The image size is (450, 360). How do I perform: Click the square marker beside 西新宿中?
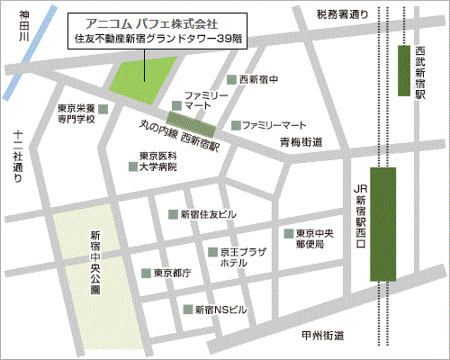pos(231,80)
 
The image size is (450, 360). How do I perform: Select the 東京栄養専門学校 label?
pos(76,112)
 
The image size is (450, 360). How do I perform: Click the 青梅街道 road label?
pos(300,141)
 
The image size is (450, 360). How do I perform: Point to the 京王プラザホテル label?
pos(242,256)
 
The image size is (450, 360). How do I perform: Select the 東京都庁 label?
pos(171,273)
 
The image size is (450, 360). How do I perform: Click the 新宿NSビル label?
pos(220,310)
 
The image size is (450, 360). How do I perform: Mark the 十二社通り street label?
pos(18,157)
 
